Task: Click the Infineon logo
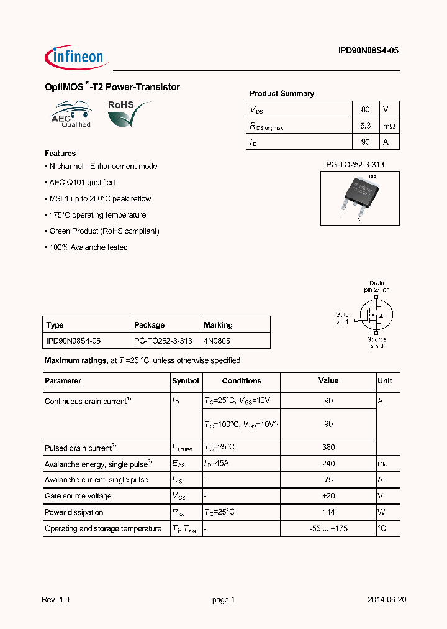(76, 57)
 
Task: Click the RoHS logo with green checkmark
(129, 114)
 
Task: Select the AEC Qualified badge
(71, 114)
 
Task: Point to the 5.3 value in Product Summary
(365, 126)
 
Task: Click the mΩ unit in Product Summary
(389, 126)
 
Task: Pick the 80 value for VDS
(365, 109)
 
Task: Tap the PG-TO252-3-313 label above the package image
(359, 165)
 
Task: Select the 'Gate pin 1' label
(342, 318)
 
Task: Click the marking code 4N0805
(218, 341)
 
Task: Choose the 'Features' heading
(60, 154)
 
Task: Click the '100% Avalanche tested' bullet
(87, 247)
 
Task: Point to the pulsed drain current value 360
(328, 448)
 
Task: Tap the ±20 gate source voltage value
(328, 496)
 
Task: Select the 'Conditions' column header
(242, 381)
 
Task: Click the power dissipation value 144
(328, 512)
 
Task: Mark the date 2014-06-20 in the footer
(387, 600)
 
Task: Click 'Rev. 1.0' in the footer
(55, 600)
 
